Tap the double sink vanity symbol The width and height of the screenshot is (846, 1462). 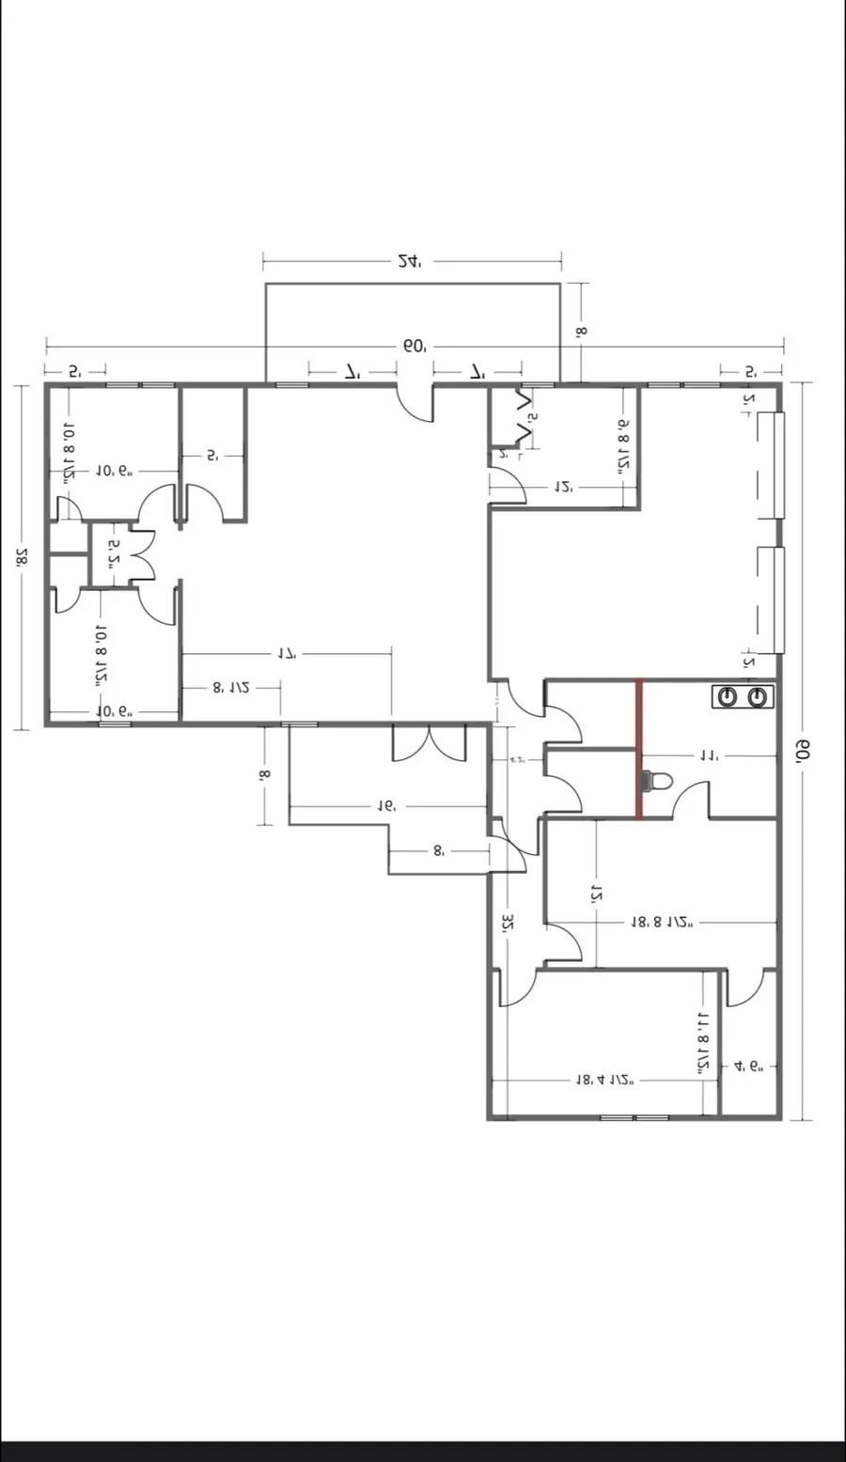742,697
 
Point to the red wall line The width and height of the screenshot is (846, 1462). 639,749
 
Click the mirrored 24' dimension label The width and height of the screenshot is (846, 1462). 409,261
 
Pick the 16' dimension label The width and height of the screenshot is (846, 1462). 385,806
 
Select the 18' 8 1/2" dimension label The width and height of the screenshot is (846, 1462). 661,923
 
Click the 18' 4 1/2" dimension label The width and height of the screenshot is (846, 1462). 604,1081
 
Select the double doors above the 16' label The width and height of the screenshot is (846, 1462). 429,742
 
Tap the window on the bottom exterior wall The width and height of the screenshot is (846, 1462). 634,1117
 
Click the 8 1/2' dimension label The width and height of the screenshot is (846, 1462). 230,687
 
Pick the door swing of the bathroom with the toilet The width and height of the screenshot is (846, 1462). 693,801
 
